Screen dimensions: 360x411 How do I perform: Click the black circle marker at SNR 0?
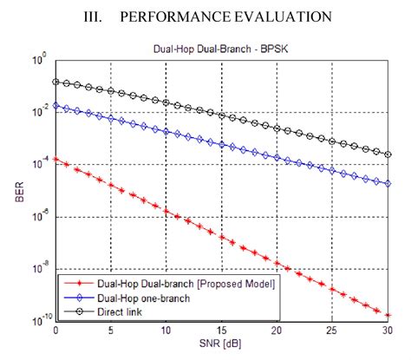(55, 82)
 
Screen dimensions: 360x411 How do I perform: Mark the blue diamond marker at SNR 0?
(55, 106)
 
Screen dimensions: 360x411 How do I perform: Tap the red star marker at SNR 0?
(55, 159)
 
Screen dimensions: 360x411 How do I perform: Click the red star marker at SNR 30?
(388, 315)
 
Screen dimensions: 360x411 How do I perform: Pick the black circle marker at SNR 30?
(388, 154)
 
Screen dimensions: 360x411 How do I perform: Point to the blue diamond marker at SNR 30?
(388, 183)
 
